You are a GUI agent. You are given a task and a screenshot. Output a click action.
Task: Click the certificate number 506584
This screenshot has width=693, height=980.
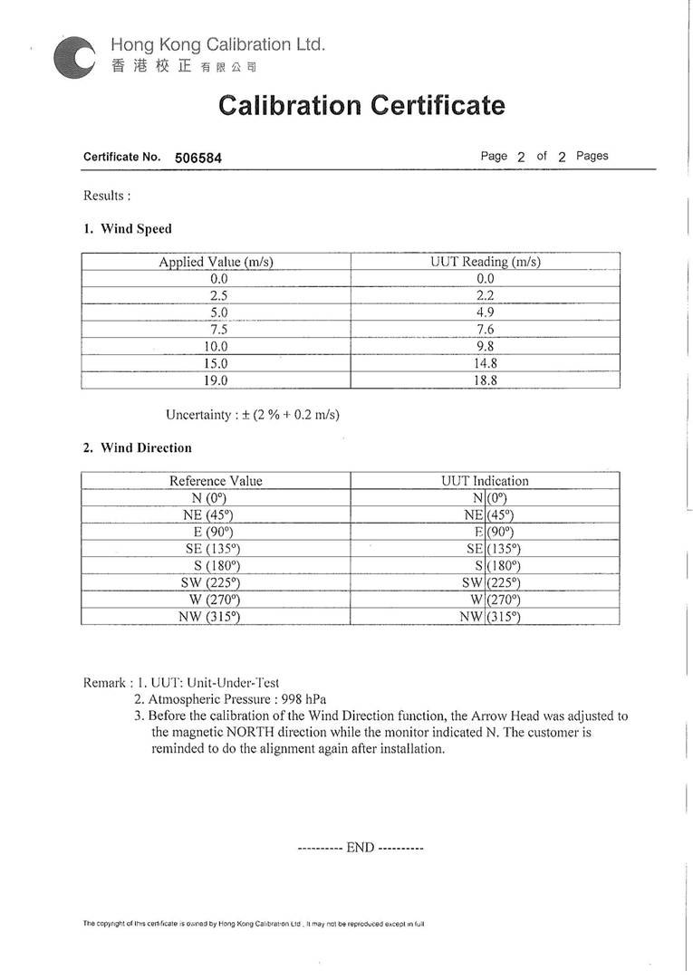point(198,158)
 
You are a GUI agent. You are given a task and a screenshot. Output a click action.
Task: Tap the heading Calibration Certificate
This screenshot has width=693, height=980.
point(361,105)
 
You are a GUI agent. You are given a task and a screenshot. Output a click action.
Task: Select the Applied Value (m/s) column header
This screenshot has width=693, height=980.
point(216,262)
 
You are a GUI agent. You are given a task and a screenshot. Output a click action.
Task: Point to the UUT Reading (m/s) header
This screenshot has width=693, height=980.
point(486,262)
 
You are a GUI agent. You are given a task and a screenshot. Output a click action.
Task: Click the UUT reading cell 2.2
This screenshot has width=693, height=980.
point(486,295)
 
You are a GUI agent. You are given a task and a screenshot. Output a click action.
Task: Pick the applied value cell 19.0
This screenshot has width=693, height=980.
point(216,380)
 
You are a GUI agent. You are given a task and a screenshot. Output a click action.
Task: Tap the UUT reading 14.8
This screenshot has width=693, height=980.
point(486,363)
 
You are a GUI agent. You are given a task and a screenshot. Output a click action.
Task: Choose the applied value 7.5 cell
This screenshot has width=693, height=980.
point(217,330)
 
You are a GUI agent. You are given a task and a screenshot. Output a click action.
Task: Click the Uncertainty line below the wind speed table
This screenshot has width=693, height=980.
point(253,414)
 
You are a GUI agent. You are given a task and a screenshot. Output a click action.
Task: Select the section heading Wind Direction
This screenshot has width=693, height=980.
point(146,447)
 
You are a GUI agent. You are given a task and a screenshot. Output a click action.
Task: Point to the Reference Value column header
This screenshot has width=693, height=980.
point(216,481)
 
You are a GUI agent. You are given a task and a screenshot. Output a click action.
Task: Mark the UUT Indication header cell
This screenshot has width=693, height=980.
point(485,481)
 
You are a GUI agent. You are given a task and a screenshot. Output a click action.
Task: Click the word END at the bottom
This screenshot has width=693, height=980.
point(361,848)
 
